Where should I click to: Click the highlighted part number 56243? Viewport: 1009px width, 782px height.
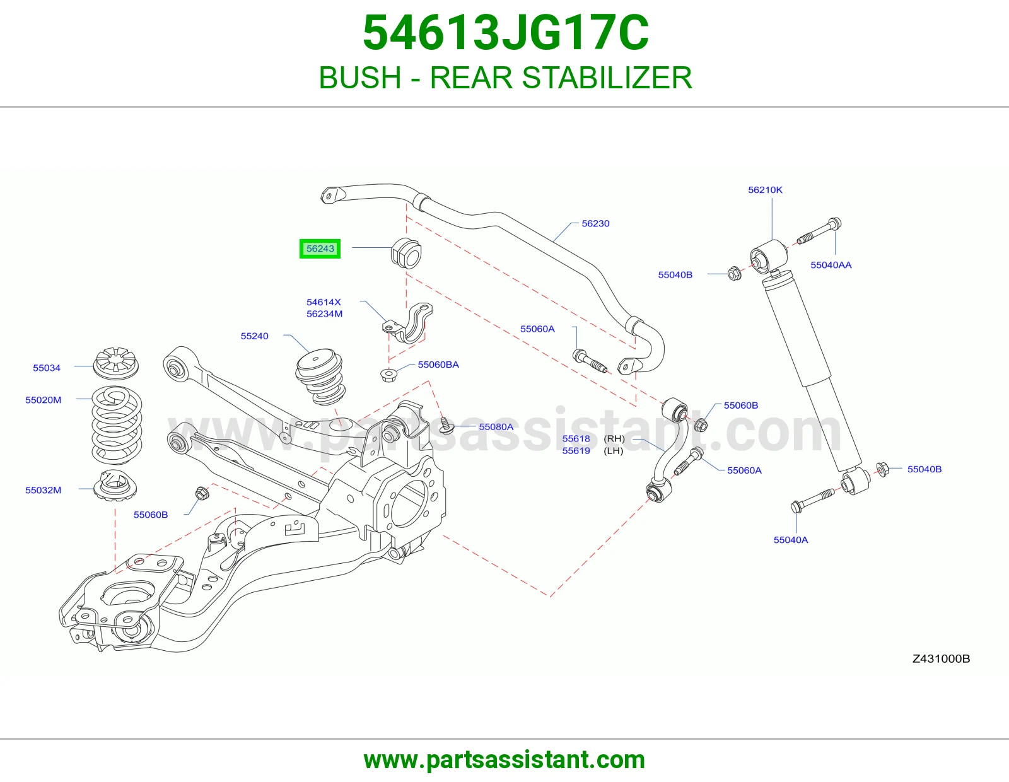tap(320, 249)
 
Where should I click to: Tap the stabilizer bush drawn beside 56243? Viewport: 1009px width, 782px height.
tap(406, 253)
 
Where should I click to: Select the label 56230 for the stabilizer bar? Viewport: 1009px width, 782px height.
tap(595, 223)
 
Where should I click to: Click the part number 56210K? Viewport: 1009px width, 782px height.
tap(765, 190)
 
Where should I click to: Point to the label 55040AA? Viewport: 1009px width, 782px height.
tap(831, 265)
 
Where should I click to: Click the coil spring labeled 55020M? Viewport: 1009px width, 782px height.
tap(117, 425)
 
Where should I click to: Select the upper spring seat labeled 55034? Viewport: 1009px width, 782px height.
tap(115, 362)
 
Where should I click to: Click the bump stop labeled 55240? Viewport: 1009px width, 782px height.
tap(320, 376)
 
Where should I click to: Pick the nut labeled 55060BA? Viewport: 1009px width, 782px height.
tap(388, 374)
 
